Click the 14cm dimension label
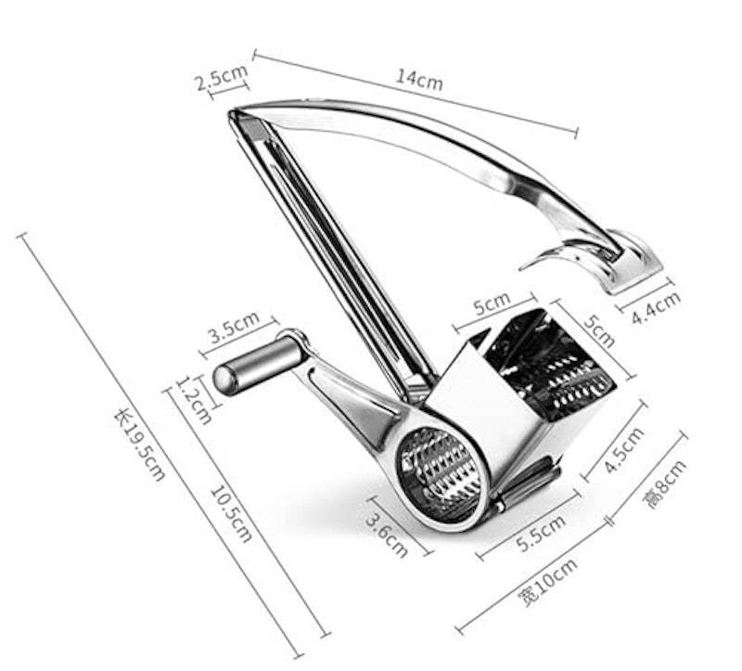[x=419, y=80]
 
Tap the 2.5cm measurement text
[x=221, y=77]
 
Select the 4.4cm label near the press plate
[x=657, y=308]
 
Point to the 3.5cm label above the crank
[x=235, y=328]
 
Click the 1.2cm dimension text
[x=194, y=400]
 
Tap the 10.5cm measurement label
[x=230, y=514]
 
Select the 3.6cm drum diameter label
[x=387, y=536]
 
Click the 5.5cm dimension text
[x=542, y=534]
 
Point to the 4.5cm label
[x=624, y=449]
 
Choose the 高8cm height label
[x=665, y=484]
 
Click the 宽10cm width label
[x=547, y=583]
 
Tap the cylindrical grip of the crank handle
[x=260, y=365]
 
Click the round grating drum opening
[x=439, y=474]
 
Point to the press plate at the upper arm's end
[x=625, y=264]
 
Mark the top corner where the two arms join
[x=233, y=113]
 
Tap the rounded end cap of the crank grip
[x=223, y=380]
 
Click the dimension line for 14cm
[x=415, y=92]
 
